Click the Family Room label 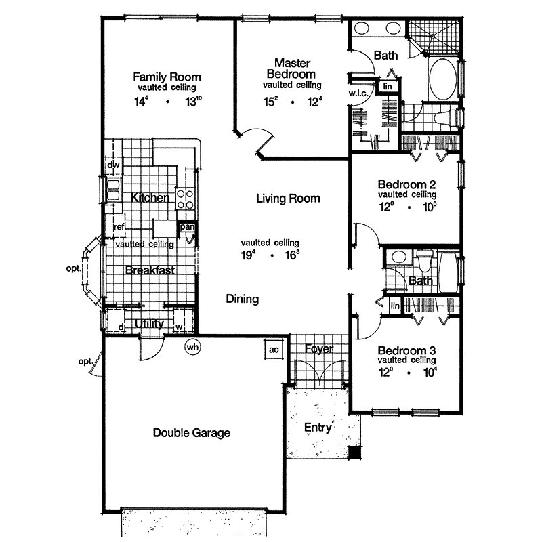[x=167, y=77]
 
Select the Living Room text [x=288, y=199]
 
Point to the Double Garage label [x=191, y=433]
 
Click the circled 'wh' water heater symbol [x=193, y=347]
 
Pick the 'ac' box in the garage [x=274, y=350]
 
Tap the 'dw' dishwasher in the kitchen [x=112, y=165]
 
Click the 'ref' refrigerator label [x=119, y=227]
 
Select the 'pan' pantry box [x=187, y=227]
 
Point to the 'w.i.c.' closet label [x=358, y=93]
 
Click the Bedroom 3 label [x=406, y=350]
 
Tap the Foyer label [x=318, y=349]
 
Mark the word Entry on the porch [x=318, y=428]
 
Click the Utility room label [x=149, y=325]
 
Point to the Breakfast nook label [x=150, y=270]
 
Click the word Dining [x=242, y=299]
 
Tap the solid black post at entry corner [x=352, y=453]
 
